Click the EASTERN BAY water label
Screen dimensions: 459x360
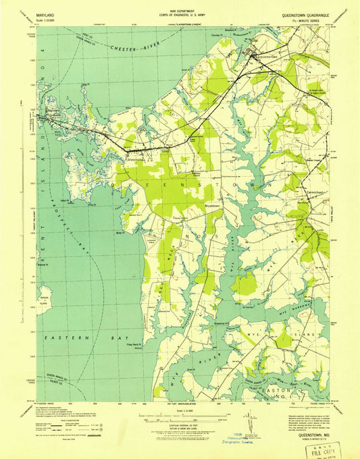pos(64,335)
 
